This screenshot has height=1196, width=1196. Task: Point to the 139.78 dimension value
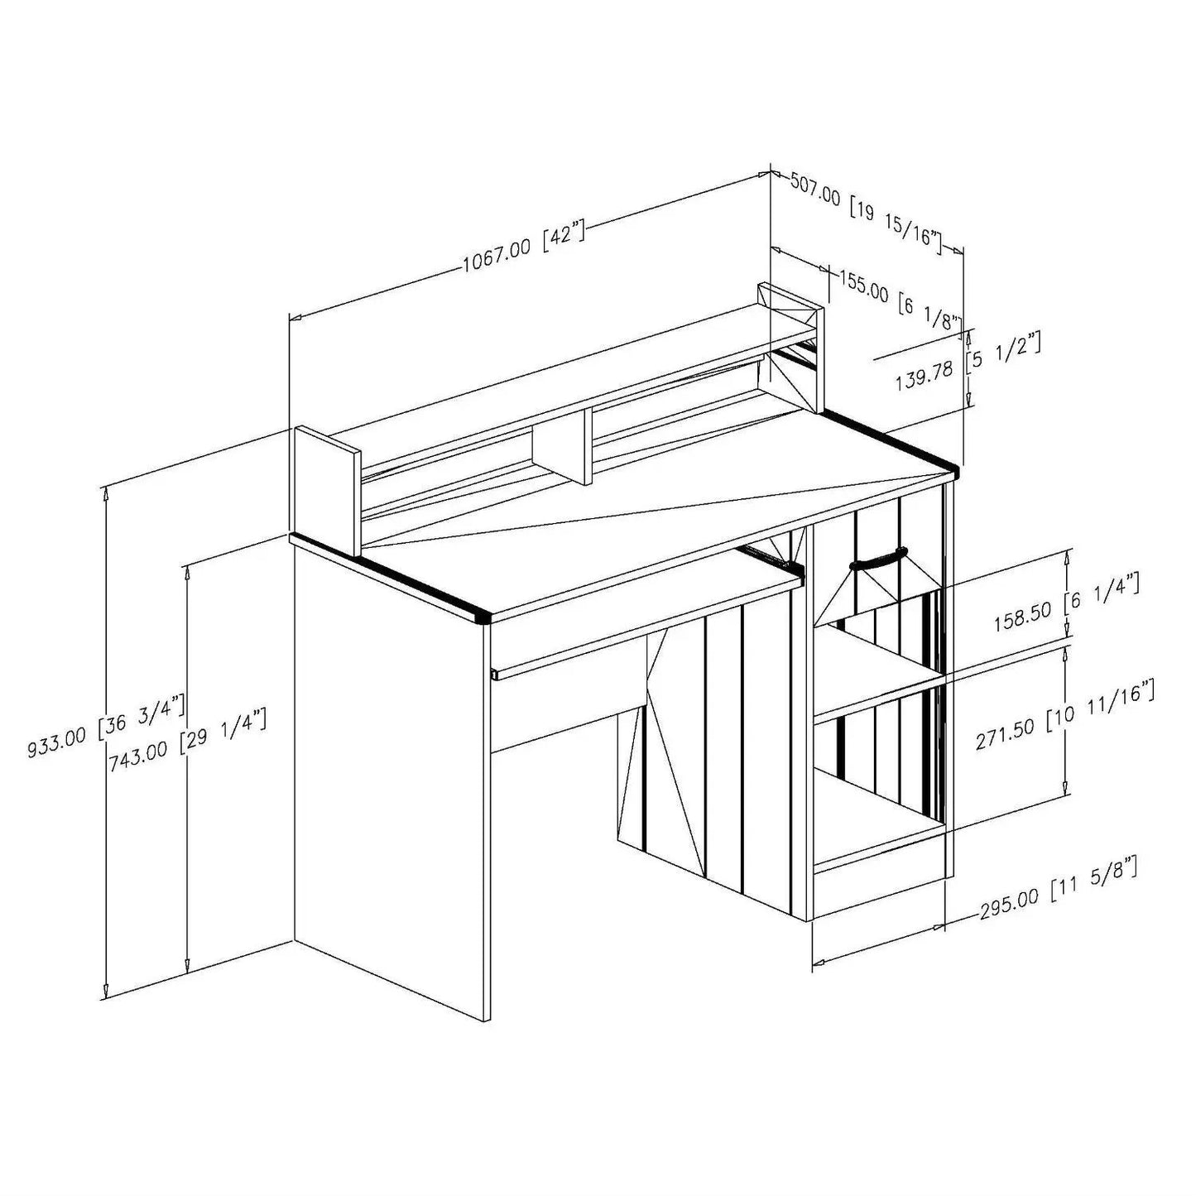pos(924,377)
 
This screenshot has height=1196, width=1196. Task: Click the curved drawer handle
pos(878,558)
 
